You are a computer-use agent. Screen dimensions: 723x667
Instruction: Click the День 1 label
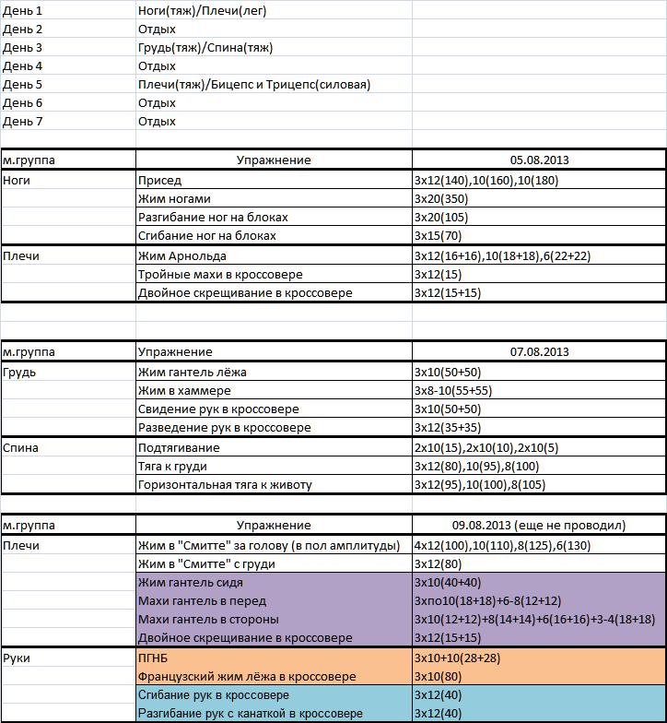coord(23,11)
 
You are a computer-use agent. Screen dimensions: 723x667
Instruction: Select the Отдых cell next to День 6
coord(157,103)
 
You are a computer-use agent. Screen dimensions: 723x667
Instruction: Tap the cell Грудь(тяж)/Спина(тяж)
coord(205,48)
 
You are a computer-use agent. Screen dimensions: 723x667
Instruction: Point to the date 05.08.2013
coord(539,160)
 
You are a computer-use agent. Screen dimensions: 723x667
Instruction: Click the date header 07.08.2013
coord(539,352)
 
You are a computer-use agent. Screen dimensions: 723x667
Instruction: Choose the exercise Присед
coord(159,181)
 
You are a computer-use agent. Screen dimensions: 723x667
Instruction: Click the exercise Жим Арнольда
coord(181,256)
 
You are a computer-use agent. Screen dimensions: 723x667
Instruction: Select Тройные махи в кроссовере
coord(220,275)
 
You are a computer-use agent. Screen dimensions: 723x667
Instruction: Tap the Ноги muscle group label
coord(17,181)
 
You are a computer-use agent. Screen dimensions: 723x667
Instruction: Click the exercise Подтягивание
coord(179,448)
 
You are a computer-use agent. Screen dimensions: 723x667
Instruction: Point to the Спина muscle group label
coord(19,448)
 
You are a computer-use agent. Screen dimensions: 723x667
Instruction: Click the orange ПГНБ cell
coord(154,658)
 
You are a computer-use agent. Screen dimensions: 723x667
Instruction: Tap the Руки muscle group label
coord(17,658)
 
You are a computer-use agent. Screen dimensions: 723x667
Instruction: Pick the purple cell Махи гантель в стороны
coord(208,620)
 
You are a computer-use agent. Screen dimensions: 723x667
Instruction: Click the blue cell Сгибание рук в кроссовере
coord(214,695)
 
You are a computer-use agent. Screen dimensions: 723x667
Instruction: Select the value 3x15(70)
coord(438,236)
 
